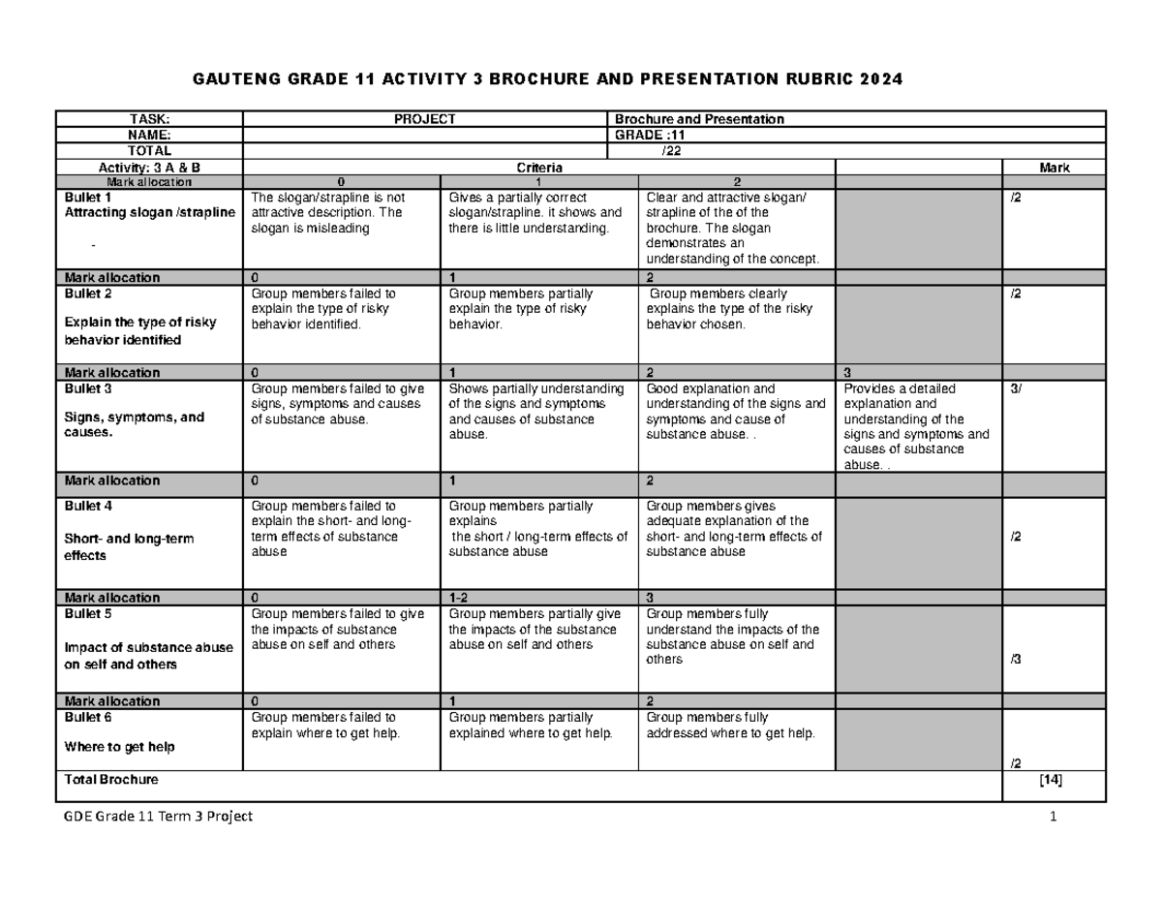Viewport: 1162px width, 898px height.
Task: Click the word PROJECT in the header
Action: pos(423,119)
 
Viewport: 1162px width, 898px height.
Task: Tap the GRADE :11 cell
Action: pos(643,136)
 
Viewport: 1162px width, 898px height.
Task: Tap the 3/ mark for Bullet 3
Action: pos(1016,388)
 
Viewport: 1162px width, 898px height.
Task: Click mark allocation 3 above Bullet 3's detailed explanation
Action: pos(847,373)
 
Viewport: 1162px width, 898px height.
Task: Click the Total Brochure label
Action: pos(110,779)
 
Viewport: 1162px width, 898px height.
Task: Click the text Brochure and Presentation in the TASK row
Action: pos(700,119)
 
